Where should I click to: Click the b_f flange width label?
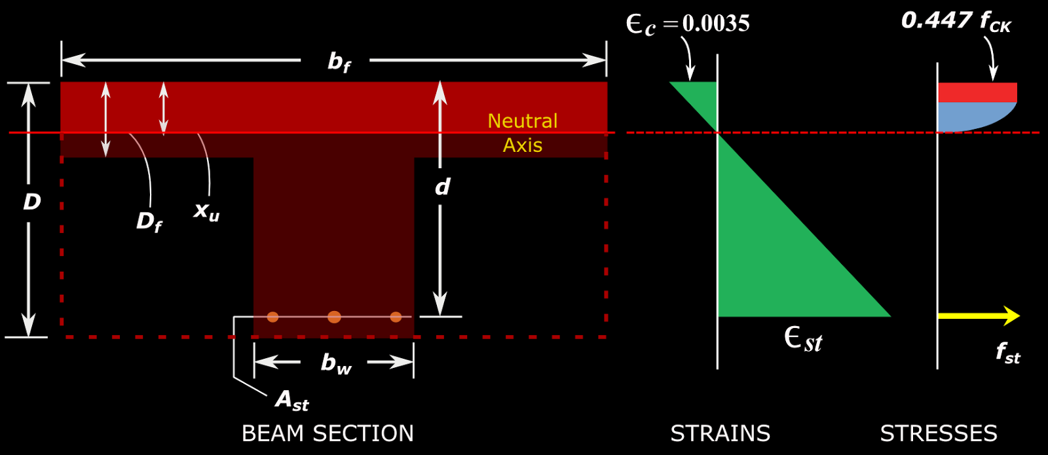tap(339, 62)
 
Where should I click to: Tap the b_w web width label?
tap(335, 363)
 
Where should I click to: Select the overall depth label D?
tap(31, 202)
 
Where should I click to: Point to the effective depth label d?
tap(442, 188)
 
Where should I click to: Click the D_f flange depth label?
tap(149, 222)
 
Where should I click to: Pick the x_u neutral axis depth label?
tap(206, 211)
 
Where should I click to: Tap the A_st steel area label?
tap(291, 399)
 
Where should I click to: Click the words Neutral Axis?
tap(523, 133)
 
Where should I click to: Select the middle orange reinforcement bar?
tap(334, 318)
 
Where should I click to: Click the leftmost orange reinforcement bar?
tap(273, 317)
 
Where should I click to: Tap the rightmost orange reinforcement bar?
tap(396, 317)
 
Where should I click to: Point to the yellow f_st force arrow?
tap(979, 316)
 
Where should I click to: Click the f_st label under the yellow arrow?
tap(1007, 354)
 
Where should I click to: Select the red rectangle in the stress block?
tap(977, 92)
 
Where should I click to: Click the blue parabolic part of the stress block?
tap(969, 115)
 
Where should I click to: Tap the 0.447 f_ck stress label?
tap(956, 22)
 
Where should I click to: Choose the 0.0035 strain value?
tap(716, 24)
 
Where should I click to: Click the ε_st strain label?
tap(803, 340)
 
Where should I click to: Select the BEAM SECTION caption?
tap(327, 433)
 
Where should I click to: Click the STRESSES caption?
tap(938, 433)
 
